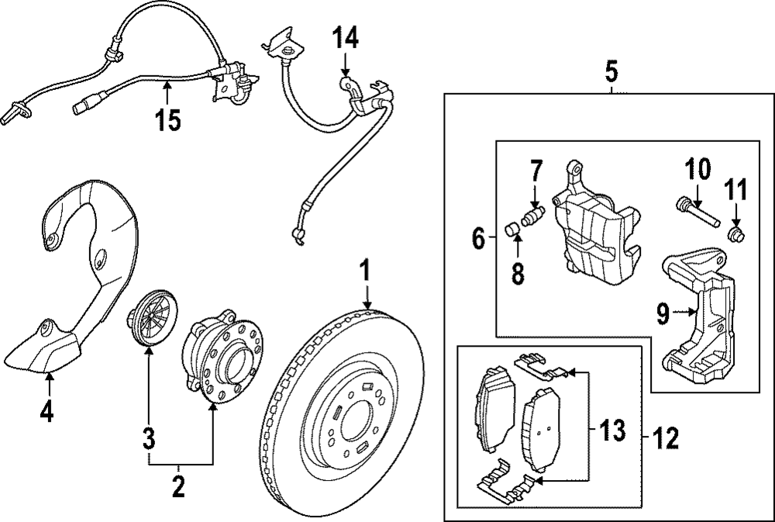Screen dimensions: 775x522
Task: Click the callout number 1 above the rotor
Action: click(365, 271)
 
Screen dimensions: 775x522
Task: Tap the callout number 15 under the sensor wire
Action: click(168, 120)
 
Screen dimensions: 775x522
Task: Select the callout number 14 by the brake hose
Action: click(346, 37)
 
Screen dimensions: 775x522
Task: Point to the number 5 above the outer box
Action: click(611, 72)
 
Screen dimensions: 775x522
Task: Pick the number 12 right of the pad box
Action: click(665, 438)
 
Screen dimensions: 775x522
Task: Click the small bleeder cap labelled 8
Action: click(513, 230)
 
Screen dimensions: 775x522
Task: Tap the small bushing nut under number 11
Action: click(736, 235)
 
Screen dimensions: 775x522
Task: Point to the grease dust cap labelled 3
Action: click(151, 319)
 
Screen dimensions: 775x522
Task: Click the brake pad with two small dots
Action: click(542, 429)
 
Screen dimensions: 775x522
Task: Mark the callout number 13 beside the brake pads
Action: click(612, 430)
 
